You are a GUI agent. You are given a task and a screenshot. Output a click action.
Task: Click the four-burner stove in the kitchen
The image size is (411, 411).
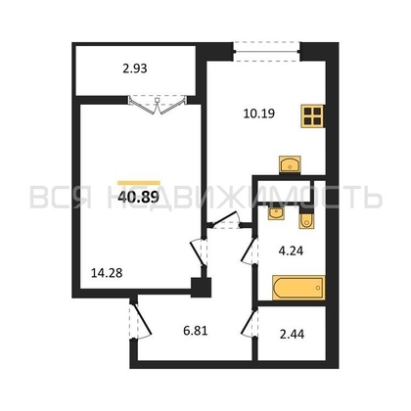pos(312,117)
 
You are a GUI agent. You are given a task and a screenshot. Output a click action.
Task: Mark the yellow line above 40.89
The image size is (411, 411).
pos(138,181)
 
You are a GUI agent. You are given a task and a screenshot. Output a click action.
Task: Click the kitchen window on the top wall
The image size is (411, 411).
pos(265,45)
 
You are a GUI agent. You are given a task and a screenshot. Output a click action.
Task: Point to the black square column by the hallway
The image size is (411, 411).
pos(202,287)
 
